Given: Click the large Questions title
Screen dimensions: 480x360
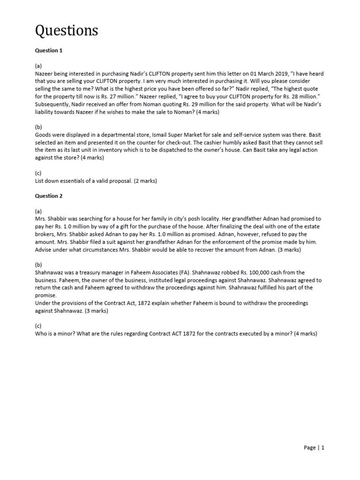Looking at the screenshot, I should click(x=67, y=30).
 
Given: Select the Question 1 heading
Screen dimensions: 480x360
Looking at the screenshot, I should click(x=49, y=51).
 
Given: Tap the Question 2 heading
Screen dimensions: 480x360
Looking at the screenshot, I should click(x=49, y=196).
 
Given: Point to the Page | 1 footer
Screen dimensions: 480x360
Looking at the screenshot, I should click(x=314, y=448).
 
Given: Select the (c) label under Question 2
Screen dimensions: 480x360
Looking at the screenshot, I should click(x=38, y=326).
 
